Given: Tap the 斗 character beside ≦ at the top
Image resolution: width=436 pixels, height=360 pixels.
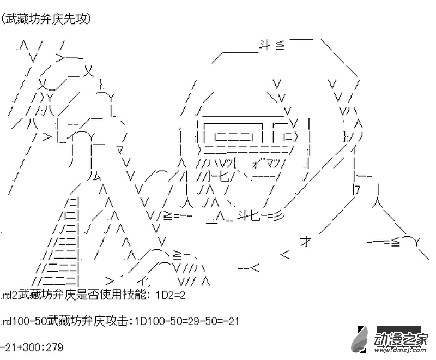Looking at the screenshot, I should (264, 46).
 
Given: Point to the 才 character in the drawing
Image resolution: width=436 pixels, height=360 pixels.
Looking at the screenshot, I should (305, 242).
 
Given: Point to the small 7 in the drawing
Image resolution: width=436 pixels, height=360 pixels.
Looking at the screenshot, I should (357, 189).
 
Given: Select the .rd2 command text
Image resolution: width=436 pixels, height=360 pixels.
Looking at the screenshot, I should (9, 295).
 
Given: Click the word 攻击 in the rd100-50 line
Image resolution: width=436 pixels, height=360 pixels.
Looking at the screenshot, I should (119, 321).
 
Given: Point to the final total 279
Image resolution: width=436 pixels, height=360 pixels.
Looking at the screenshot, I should (55, 347).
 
